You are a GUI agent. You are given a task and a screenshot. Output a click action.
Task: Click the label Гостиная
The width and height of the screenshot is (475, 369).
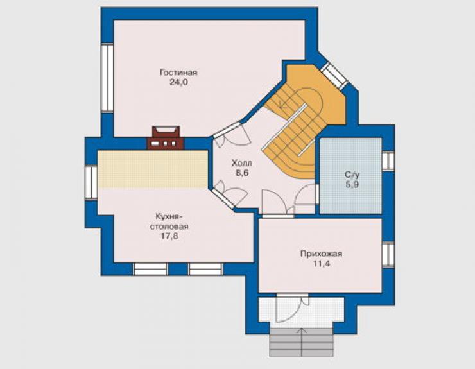178,73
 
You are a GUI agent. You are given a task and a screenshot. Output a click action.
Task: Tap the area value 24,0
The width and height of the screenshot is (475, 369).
178,82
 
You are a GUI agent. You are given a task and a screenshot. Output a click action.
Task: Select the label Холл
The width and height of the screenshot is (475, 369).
242,163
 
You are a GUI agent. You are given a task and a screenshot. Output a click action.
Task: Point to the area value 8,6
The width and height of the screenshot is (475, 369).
242,173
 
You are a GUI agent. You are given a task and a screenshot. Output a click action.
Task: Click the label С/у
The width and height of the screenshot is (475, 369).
352,175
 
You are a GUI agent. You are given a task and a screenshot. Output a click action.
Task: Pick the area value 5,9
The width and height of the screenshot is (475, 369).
352,184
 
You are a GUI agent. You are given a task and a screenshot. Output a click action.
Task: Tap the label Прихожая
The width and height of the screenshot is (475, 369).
321,254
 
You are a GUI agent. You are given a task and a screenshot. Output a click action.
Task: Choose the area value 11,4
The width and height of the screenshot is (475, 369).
322,264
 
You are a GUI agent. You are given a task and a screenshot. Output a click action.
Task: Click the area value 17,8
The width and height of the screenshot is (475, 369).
169,236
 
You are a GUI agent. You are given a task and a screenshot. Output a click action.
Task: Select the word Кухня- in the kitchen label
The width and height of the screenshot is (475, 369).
169,217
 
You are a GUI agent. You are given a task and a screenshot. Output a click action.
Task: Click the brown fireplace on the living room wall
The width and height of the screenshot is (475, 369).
166,138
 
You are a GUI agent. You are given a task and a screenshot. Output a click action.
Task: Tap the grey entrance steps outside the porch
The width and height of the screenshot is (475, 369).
302,342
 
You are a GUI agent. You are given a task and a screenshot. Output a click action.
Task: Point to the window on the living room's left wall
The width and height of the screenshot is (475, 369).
107,78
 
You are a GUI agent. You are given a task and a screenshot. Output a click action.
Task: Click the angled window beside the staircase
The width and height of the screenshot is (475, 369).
334,76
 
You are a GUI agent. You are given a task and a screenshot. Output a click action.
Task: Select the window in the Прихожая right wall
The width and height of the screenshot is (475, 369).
388,255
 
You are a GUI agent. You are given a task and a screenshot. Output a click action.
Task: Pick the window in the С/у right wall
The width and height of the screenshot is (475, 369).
388,160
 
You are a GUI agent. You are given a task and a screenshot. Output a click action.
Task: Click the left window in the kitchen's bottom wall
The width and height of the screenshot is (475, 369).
151,269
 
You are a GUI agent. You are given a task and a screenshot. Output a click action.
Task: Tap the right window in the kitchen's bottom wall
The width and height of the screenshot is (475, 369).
205,269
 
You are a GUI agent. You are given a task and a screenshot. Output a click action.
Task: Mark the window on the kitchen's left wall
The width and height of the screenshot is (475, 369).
91,183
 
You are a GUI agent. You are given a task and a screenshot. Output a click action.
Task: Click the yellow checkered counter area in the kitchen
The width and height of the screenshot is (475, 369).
153,169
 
